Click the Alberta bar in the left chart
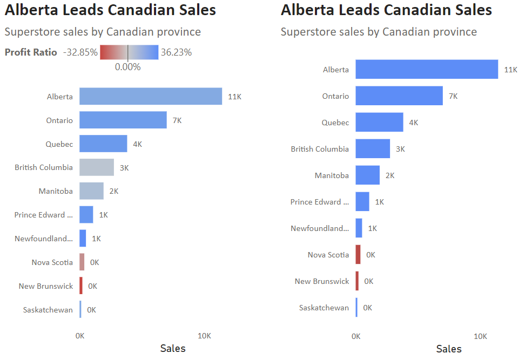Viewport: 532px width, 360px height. [150, 96]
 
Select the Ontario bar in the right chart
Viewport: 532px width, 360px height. [399, 96]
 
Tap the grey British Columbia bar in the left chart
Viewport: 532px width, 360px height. [97, 167]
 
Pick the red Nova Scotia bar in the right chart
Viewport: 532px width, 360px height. [358, 254]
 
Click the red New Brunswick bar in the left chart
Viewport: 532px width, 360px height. [81, 286]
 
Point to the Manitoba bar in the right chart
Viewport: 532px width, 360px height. [367, 175]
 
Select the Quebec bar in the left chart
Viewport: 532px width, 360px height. [103, 144]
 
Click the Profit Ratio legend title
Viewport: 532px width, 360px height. [31, 52]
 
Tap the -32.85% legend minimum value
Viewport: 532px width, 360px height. [80, 52]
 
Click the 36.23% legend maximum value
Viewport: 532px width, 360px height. [176, 52]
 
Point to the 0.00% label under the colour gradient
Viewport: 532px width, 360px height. [128, 67]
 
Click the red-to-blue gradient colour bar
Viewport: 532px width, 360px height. [129, 52]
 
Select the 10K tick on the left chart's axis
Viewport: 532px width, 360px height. [204, 336]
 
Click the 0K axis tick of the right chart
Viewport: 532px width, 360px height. [356, 336]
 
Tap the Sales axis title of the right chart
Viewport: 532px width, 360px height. [449, 349]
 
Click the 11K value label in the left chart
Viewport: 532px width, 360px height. [234, 97]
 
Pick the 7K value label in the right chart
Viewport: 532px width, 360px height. [453, 96]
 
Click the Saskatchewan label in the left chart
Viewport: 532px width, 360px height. [48, 310]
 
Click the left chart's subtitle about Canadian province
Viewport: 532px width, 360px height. [103, 32]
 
